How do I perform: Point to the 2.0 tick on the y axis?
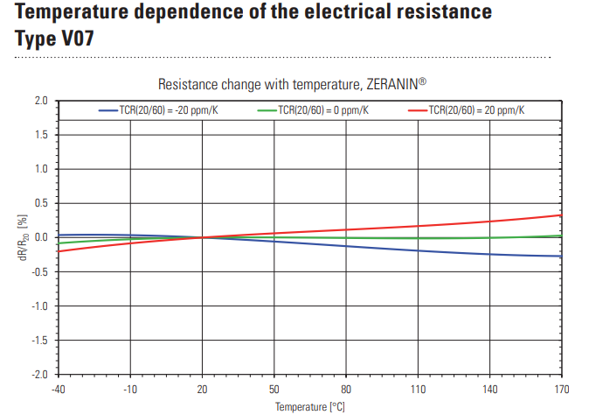tap(39, 101)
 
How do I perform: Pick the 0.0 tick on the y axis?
tap(39, 237)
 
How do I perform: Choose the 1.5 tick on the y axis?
tap(39, 135)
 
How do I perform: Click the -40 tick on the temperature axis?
tap(59, 389)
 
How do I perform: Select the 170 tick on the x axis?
tap(560, 389)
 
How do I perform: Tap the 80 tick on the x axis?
tap(345, 389)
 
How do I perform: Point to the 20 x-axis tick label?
tap(202, 389)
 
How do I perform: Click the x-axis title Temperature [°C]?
tap(310, 406)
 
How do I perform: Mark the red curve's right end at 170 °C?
tap(559, 215)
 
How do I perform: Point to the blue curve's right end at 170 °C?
tap(559, 257)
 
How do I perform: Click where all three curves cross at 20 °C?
tap(202, 237)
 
